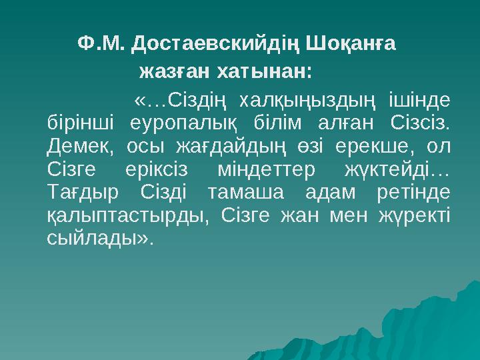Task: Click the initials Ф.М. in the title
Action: click(x=101, y=44)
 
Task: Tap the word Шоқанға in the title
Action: click(x=353, y=44)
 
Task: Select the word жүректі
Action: click(x=414, y=215)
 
